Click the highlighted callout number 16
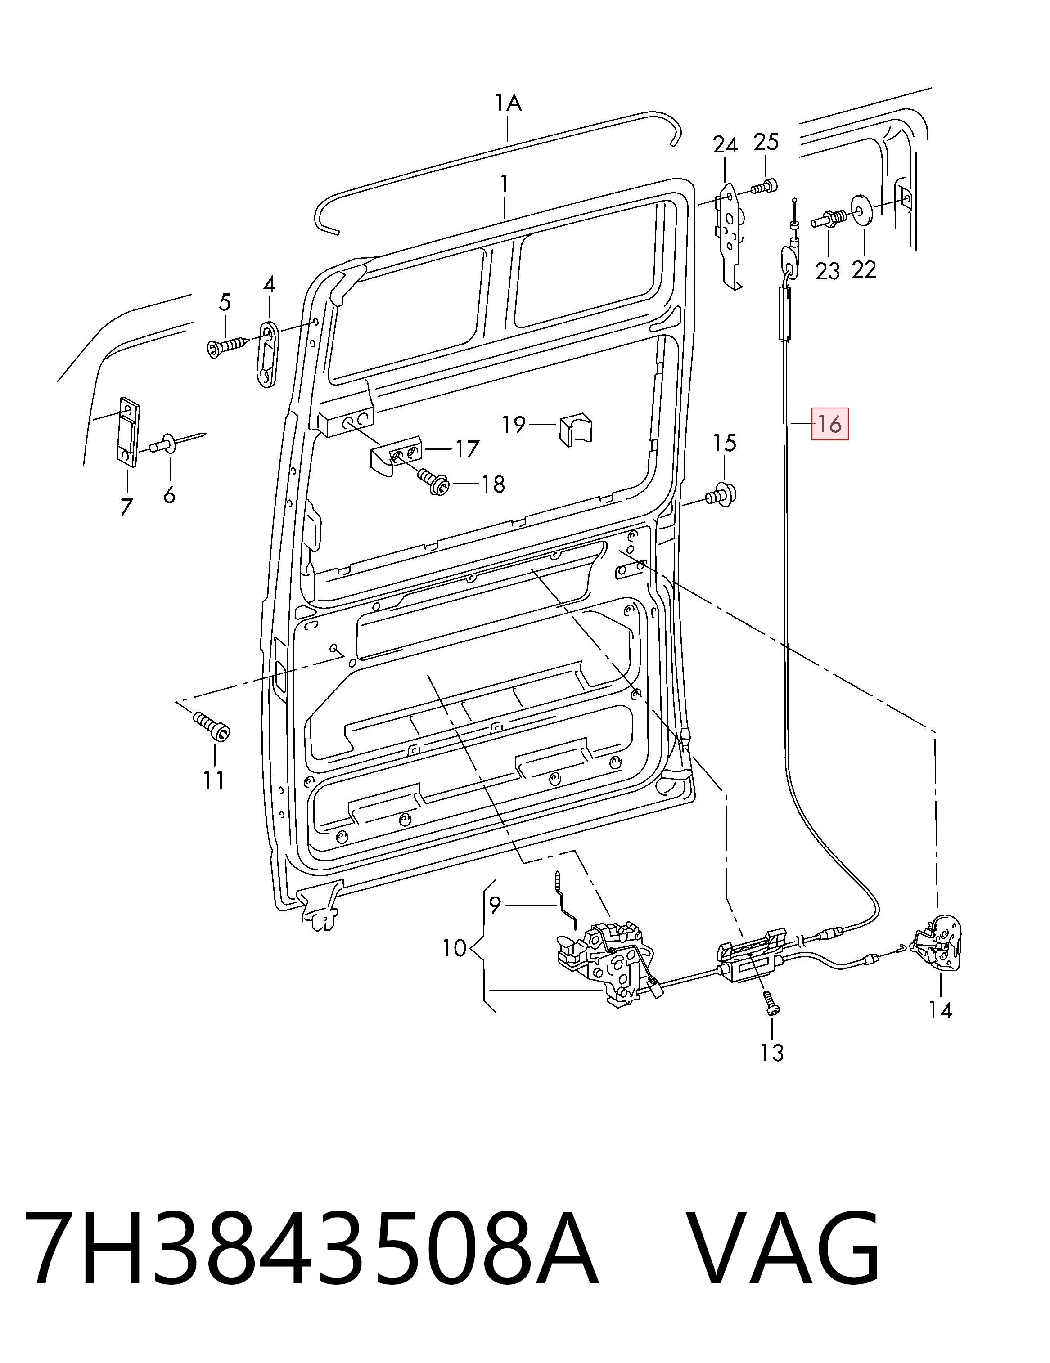(x=829, y=424)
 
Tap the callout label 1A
(x=508, y=103)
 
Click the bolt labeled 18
(x=432, y=482)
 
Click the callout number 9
(x=495, y=904)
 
